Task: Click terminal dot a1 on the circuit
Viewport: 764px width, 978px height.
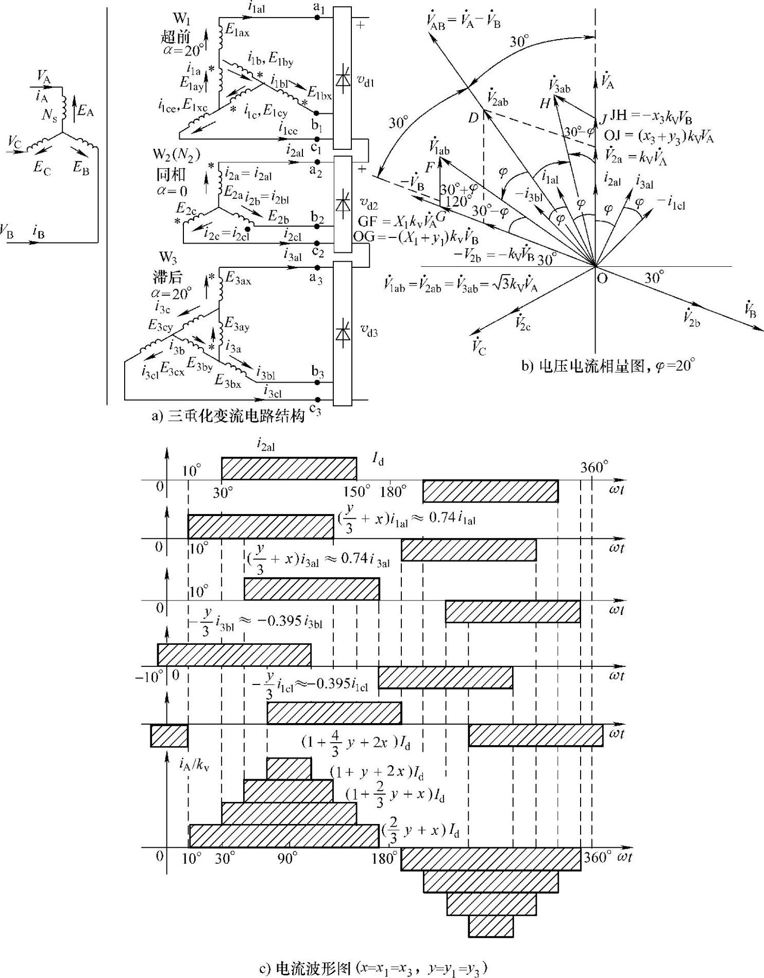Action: (x=317, y=19)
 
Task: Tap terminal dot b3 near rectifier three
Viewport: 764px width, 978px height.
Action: (x=318, y=382)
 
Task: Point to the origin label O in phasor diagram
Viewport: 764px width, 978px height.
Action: (x=601, y=279)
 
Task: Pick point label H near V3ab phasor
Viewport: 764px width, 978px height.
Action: (x=545, y=104)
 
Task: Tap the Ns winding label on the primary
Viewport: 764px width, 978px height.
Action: (x=49, y=115)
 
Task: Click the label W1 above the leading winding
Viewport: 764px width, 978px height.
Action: (x=181, y=20)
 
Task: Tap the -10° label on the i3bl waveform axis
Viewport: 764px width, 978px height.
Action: (x=149, y=676)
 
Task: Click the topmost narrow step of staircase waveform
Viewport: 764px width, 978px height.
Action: (x=289, y=768)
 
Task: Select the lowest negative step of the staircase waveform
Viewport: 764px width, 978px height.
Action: (x=491, y=925)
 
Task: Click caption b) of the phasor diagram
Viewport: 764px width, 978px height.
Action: (x=608, y=366)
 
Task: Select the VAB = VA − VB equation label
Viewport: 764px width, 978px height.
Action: (x=464, y=21)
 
